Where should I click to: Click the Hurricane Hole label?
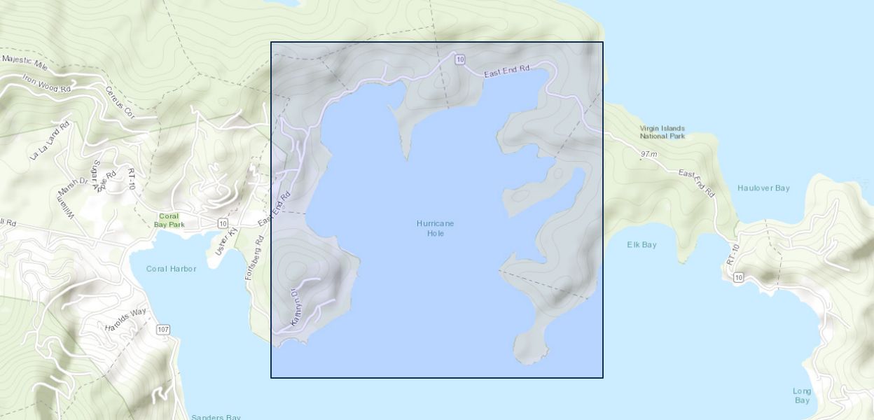pos(435,228)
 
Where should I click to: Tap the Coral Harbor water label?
pos(171,269)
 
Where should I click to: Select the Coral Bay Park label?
pos(169,220)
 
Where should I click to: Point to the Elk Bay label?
pos(641,245)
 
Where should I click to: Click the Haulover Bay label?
pos(763,188)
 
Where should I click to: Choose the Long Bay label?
pos(802,395)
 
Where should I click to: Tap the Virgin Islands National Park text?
pos(662,132)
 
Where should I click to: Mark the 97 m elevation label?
pos(648,154)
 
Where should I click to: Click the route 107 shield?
pos(163,329)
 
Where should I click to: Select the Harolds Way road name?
pos(126,319)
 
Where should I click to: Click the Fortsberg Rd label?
pos(254,258)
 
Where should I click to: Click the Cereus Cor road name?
pos(119,101)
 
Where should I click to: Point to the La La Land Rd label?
pos(50,140)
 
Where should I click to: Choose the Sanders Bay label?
pos(216,417)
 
